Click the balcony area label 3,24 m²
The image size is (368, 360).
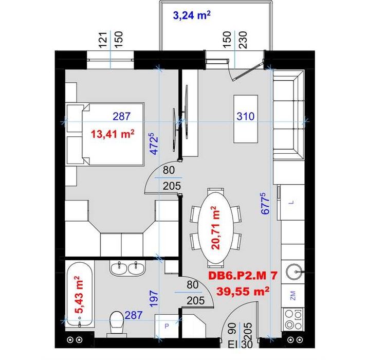tap(192, 15)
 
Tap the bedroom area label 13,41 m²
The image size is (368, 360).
tap(113, 134)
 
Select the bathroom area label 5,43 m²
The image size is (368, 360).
tap(79, 295)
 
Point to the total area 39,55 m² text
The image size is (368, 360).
tap(243, 291)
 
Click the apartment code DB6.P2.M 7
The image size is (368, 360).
tap(243, 276)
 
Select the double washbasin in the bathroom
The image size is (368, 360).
tap(127, 268)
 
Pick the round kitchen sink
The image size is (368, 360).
tap(293, 272)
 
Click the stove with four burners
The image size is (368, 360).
tap(293, 319)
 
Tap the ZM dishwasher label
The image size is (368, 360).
tap(292, 295)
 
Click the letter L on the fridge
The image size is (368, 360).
tap(292, 202)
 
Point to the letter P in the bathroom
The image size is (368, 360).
tap(167, 326)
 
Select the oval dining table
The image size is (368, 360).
tap(216, 228)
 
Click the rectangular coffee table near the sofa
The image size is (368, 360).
tap(246, 119)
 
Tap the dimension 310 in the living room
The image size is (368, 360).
tap(246, 116)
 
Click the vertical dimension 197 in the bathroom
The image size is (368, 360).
tap(154, 299)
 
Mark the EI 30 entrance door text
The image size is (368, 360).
tap(241, 344)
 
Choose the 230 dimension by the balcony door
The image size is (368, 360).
tap(243, 40)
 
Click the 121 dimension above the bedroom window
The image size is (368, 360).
tap(103, 40)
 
